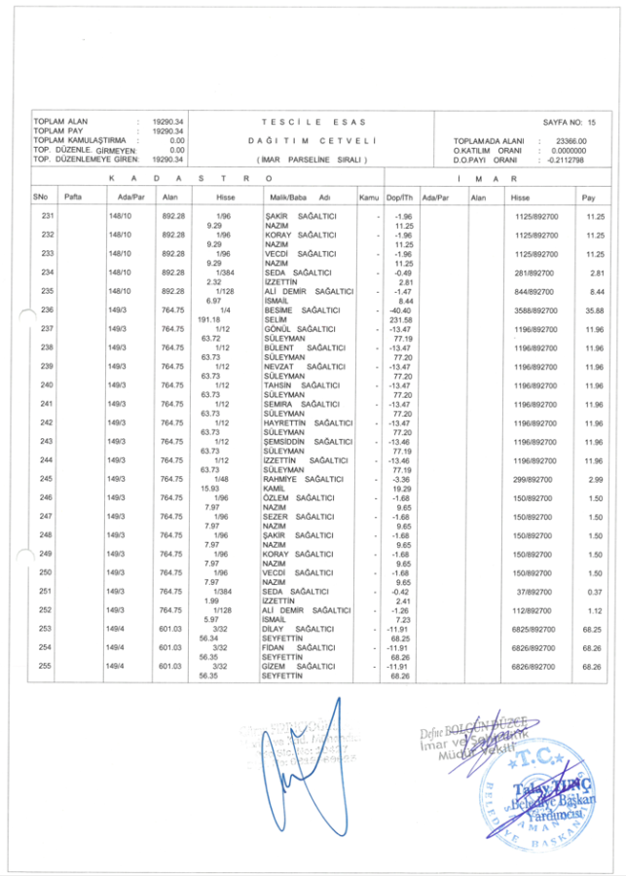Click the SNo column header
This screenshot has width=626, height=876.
[41, 198]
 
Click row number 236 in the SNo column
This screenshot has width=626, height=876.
[47, 310]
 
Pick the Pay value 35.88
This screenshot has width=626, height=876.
[593, 310]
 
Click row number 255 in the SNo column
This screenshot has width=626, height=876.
[47, 666]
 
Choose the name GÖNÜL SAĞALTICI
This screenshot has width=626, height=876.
[301, 329]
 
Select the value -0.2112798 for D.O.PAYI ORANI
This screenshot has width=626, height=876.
[565, 160]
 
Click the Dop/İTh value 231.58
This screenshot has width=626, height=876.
[400, 319]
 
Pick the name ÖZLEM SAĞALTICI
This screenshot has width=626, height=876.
[301, 497]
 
